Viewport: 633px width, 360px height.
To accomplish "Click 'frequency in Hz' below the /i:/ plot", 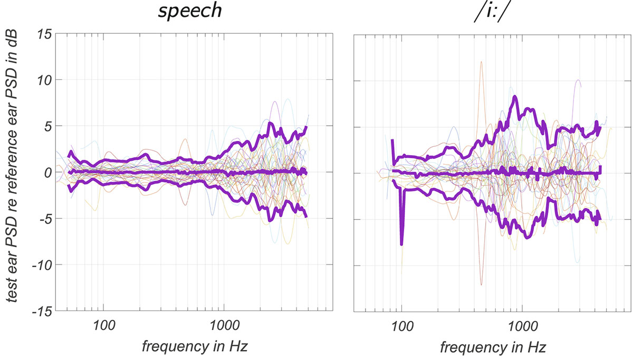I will (493, 347).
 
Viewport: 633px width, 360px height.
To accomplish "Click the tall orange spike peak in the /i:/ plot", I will (481, 62).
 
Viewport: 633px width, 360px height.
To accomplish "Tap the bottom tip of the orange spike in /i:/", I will (481, 285).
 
